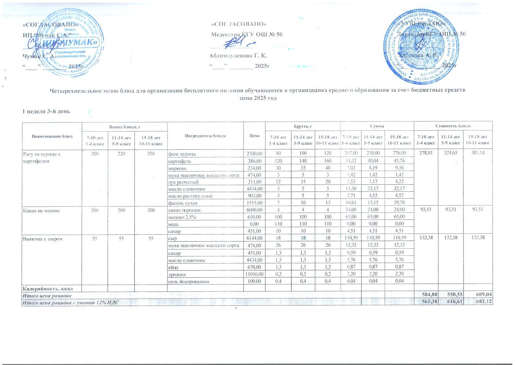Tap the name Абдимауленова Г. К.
(x=238, y=56)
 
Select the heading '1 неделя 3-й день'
(x=46, y=111)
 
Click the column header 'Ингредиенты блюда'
(x=205, y=136)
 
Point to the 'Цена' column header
(x=254, y=136)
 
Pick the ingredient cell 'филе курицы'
(x=182, y=154)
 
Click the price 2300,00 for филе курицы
(x=254, y=154)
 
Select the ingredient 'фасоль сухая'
(x=182, y=203)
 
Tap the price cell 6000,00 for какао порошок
(x=254, y=210)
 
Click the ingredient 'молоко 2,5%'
(x=182, y=217)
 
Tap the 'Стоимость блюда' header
(x=453, y=126)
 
